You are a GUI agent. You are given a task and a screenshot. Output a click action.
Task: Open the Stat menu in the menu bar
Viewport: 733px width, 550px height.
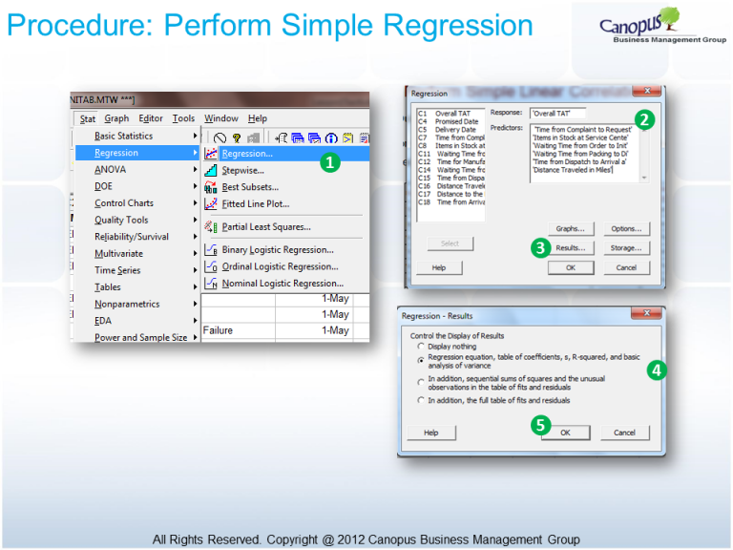tap(87, 118)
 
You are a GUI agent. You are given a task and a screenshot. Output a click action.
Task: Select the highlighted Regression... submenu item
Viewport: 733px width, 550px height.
tap(247, 153)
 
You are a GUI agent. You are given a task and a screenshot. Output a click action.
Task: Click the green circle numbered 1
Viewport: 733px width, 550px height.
tap(328, 162)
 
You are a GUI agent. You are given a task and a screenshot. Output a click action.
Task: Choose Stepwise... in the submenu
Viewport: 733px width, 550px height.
tap(242, 170)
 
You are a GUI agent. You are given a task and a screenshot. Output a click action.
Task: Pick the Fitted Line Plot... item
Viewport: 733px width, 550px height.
tap(255, 203)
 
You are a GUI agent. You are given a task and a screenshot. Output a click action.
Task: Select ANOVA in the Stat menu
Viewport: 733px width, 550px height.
tap(110, 169)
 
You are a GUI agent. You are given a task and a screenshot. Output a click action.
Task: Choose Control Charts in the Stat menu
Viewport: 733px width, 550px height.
tap(124, 203)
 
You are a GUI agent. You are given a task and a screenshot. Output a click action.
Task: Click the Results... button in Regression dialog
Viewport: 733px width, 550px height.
tap(570, 247)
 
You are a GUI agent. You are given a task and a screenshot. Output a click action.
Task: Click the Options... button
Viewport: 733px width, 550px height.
tap(626, 229)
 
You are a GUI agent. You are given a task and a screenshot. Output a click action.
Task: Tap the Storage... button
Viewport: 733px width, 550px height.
tap(626, 247)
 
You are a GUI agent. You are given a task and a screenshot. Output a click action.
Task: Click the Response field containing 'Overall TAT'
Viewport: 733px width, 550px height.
tap(557, 113)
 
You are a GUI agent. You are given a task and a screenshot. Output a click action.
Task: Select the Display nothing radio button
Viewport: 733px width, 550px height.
tap(421, 346)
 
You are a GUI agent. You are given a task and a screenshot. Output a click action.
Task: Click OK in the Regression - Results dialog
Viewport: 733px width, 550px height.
tap(564, 433)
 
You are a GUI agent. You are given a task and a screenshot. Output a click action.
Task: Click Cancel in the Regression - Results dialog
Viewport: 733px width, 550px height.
tap(624, 433)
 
